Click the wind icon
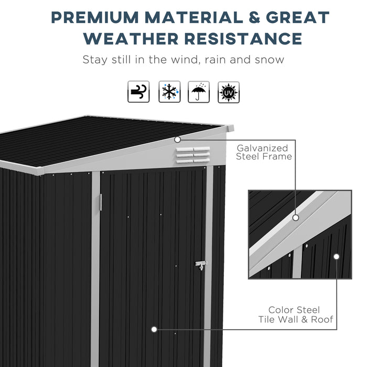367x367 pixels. point(139,92)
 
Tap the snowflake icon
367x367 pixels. point(169,92)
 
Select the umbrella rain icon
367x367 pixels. point(199,92)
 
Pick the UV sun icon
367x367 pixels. point(229,92)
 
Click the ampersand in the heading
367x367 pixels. point(253,17)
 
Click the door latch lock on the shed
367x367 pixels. point(200,265)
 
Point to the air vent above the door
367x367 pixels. point(193,155)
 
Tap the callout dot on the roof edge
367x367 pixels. point(177,139)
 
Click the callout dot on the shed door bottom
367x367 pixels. point(154,329)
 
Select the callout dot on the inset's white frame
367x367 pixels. point(296,217)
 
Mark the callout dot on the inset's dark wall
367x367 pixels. point(336,257)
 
